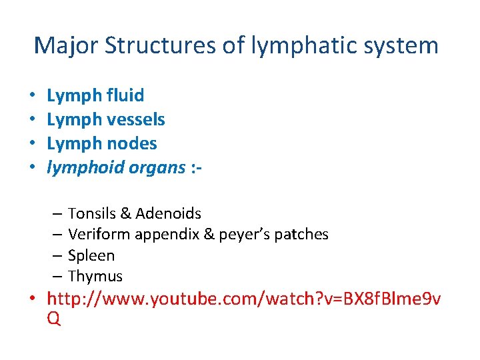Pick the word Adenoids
[169, 213]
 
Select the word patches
[305, 235]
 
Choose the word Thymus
[95, 277]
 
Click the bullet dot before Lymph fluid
[33, 96]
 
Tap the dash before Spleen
[56, 256]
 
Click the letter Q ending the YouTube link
[54, 319]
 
